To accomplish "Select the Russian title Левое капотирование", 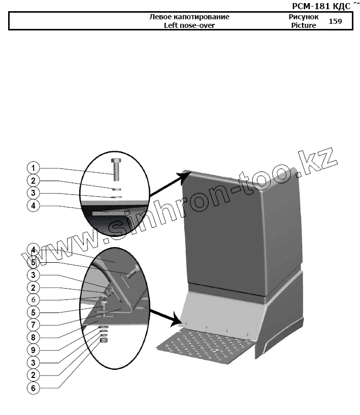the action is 189,17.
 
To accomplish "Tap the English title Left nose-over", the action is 189,25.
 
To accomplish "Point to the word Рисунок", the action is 304,17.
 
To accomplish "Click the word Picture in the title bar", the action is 304,25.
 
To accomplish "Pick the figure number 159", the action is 336,21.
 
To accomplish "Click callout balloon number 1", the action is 33,168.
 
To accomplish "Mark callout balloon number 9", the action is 33,350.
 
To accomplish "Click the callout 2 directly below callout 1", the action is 33,181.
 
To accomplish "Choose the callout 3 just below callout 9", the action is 33,362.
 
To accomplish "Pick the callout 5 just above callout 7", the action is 33,312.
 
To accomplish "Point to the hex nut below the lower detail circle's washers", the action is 104,341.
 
